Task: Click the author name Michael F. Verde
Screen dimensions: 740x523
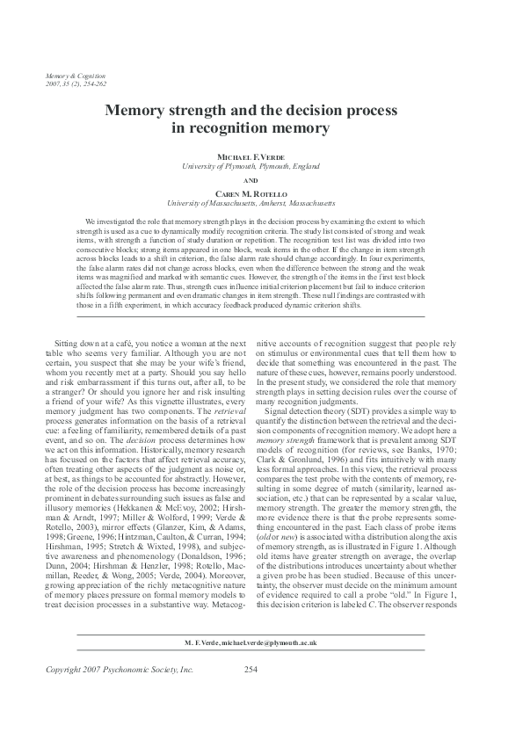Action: click(x=261, y=156)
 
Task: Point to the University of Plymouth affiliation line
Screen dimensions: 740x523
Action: click(x=261, y=165)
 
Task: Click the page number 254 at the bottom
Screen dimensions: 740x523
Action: click(x=250, y=671)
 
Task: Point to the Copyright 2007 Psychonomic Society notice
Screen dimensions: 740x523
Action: click(x=119, y=671)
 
